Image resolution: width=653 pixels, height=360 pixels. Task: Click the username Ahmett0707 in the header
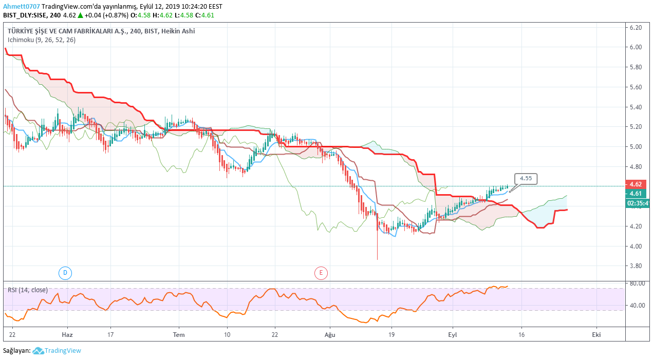[21, 7]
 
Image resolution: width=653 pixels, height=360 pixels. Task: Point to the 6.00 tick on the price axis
[636, 47]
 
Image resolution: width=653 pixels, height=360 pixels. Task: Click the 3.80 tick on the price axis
[636, 266]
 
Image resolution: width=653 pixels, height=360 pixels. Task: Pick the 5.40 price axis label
[636, 107]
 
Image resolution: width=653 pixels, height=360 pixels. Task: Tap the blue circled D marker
[65, 273]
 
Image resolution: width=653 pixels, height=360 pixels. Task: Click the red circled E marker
[321, 273]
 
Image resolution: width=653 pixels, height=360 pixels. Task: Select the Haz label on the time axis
[67, 334]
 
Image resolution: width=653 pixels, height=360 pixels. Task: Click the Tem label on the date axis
[179, 334]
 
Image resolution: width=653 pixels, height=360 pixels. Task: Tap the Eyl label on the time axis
[453, 334]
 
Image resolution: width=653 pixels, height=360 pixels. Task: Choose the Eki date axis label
[596, 334]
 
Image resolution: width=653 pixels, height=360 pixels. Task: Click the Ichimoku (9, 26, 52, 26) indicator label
[42, 40]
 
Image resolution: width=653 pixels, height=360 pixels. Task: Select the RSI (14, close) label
[28, 290]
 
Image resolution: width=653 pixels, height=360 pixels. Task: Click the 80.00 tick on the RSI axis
[637, 283]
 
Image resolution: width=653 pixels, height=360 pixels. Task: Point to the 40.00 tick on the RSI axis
[637, 306]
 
